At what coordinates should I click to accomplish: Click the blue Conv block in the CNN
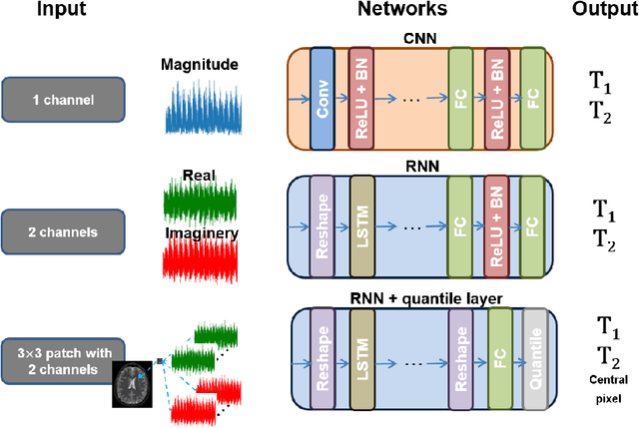[x=321, y=97]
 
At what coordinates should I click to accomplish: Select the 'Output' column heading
[x=598, y=14]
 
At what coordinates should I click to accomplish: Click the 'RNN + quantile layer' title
[x=412, y=296]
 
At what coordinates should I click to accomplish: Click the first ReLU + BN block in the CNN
[x=360, y=97]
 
